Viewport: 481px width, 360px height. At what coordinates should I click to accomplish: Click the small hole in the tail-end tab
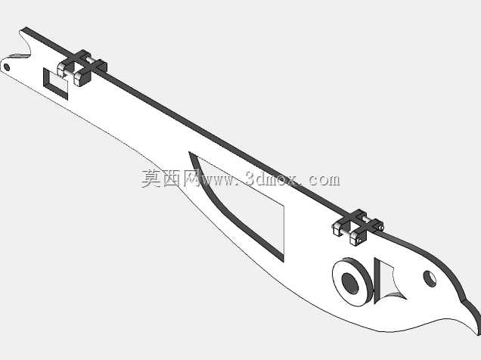[7, 67]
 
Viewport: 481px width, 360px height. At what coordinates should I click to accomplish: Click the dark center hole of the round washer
[350, 284]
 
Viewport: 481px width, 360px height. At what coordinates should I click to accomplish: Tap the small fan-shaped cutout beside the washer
[387, 281]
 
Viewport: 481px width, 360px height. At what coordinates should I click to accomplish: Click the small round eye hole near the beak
[430, 278]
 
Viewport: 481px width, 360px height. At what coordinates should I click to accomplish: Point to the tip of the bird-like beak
[478, 334]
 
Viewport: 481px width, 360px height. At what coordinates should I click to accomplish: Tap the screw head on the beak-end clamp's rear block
[381, 227]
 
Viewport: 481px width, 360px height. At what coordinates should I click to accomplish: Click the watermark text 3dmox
[271, 178]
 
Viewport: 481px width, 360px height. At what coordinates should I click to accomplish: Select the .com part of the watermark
[321, 179]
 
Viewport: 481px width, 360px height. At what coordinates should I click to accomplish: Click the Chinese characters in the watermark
[170, 178]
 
